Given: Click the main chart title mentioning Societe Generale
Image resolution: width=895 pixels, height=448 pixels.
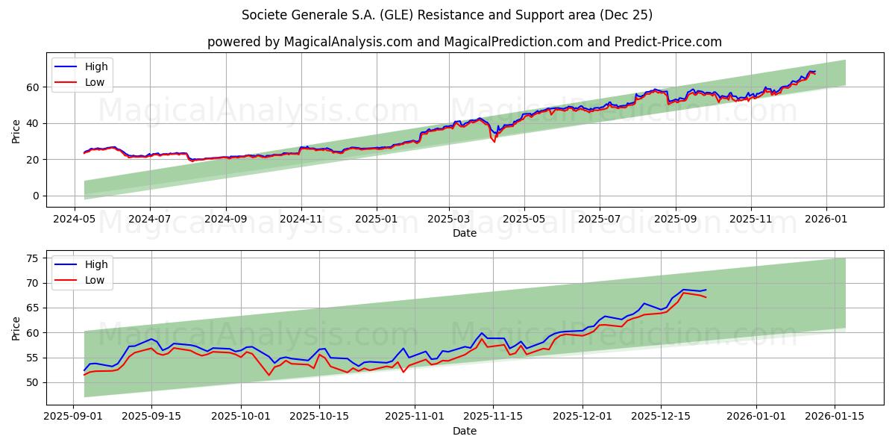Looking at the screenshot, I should [447, 15].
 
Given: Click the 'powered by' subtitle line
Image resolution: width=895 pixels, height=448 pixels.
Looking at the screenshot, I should [464, 42].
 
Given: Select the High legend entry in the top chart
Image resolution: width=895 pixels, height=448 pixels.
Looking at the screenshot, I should [95, 66].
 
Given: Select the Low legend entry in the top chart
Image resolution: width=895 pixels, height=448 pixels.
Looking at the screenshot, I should [95, 82].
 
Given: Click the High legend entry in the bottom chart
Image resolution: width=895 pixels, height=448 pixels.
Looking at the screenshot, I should [95, 264].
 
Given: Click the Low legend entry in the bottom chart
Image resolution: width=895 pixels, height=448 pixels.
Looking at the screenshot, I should [95, 280].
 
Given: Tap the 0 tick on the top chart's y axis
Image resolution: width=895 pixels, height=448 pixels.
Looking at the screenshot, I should [34, 196].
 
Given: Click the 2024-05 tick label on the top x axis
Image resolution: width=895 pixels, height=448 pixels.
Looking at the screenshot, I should [74, 220].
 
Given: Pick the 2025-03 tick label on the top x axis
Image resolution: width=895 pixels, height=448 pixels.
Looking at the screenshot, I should [449, 220].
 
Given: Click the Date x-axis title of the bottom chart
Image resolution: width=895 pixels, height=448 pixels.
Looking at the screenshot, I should [464, 431].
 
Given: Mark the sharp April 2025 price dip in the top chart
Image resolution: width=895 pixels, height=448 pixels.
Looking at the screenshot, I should [494, 140].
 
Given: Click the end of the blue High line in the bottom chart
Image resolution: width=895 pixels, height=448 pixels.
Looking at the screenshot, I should [706, 290].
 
